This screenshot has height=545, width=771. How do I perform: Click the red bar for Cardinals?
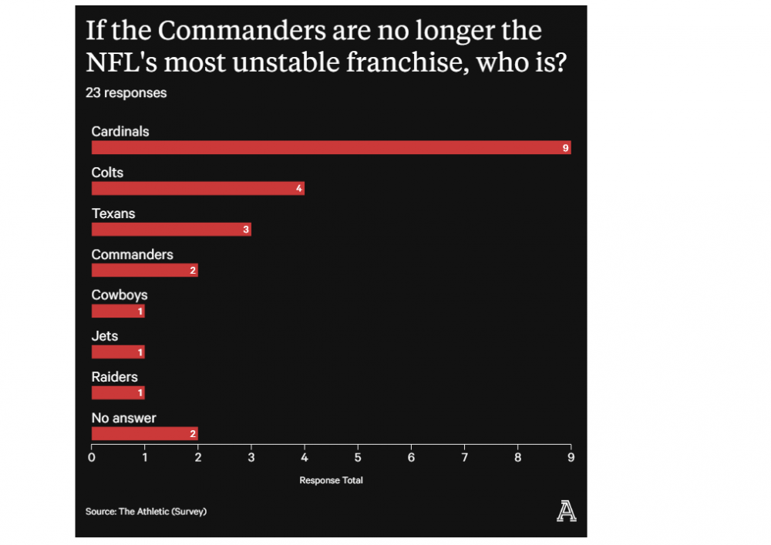[331, 147]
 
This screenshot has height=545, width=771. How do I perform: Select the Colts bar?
[197, 188]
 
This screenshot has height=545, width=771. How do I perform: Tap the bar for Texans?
[171, 229]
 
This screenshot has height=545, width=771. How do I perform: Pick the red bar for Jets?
[118, 352]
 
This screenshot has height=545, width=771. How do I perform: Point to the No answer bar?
[144, 433]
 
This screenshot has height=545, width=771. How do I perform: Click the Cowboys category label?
[120, 295]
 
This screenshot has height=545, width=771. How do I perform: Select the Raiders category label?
[115, 377]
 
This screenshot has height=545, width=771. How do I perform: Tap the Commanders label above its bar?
[132, 254]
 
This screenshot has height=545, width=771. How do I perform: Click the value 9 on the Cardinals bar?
[566, 148]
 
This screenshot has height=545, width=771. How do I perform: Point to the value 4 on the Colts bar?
[299, 189]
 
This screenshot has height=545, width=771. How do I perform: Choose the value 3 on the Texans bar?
[246, 230]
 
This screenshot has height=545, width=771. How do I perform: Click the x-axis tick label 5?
[358, 457]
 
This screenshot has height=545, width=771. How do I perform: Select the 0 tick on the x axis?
[92, 457]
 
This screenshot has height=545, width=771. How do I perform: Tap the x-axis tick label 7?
[464, 457]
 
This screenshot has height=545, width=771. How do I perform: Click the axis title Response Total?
[331, 480]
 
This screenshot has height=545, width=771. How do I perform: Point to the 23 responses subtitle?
[126, 93]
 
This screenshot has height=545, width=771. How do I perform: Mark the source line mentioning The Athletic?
[146, 511]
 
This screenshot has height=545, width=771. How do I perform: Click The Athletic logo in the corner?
[566, 510]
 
